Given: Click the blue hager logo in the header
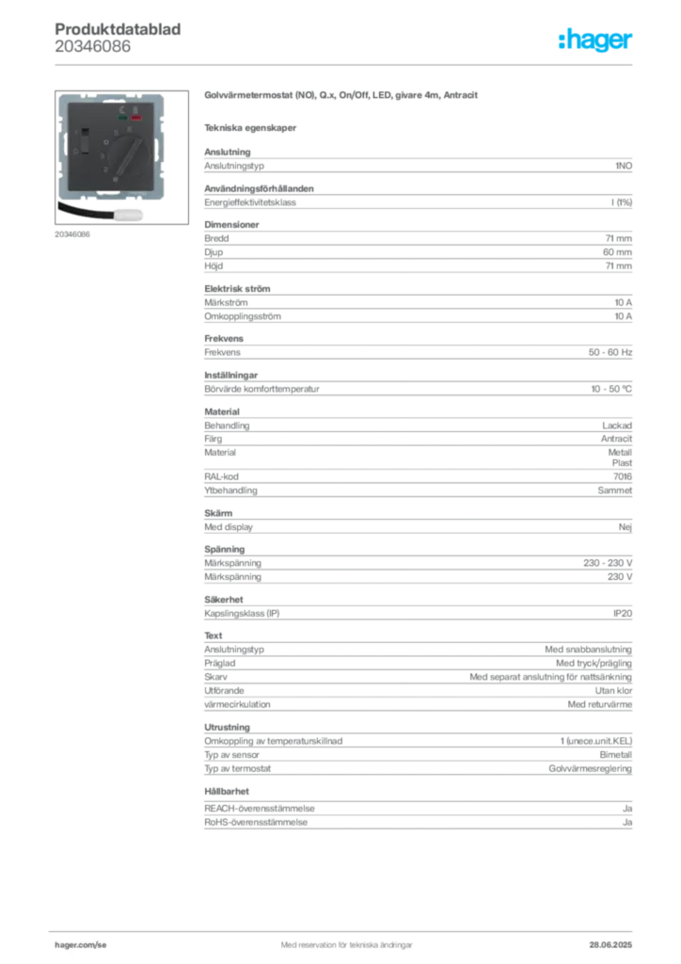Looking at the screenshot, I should coord(597,41).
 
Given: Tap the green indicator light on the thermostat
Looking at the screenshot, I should coord(121,120).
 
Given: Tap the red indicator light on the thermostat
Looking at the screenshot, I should coord(136,120).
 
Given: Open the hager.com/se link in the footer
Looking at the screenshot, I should coord(78,942).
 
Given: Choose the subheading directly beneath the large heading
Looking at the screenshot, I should coord(252,127).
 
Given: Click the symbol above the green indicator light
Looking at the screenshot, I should coord(121,110).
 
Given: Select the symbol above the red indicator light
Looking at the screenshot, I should coord(136,110).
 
